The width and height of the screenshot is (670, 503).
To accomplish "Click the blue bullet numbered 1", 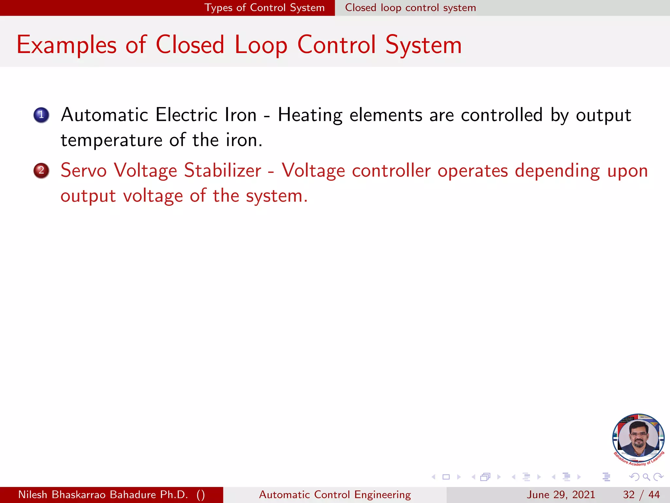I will pyautogui.click(x=41, y=115).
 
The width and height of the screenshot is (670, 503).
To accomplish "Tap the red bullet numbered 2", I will pyautogui.click(x=41, y=171).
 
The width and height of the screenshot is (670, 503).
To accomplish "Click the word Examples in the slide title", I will pyautogui.click(x=66, y=45).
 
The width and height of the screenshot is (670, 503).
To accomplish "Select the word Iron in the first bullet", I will pyautogui.click(x=240, y=115).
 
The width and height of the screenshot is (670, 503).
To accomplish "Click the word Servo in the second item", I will pyautogui.click(x=83, y=171).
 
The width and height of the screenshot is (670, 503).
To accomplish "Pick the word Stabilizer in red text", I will pyautogui.click(x=222, y=171).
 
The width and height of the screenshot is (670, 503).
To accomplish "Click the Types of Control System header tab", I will pyautogui.click(x=264, y=8).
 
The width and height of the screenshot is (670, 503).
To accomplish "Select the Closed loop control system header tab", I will pyautogui.click(x=410, y=8).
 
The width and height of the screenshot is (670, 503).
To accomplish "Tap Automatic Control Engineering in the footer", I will pyautogui.click(x=335, y=494).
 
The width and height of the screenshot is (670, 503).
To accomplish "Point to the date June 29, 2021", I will pyautogui.click(x=560, y=494).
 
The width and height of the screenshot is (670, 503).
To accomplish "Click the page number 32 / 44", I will pyautogui.click(x=641, y=494).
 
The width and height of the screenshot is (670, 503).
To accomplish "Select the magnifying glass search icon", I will pyautogui.click(x=646, y=477).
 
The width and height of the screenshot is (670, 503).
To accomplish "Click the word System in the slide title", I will pyautogui.click(x=423, y=45).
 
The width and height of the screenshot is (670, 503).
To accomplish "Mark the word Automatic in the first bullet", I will pyautogui.click(x=105, y=115).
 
